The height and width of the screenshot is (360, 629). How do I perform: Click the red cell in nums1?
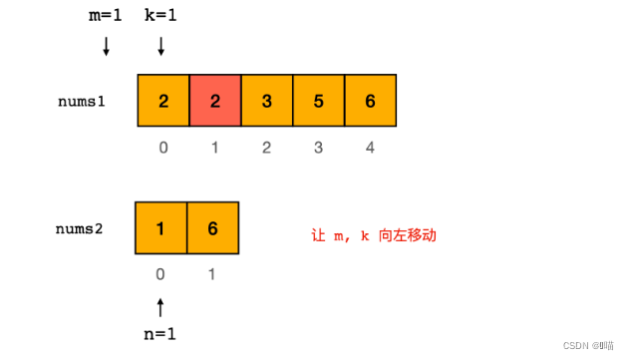pos(214,101)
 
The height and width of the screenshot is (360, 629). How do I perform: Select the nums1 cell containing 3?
pos(266,101)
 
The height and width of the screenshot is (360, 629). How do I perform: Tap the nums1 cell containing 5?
pos(318,101)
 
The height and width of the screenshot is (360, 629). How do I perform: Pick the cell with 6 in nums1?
pos(370,101)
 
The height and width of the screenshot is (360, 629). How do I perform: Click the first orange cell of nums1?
pos(162,101)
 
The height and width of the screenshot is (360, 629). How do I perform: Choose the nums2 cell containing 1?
pos(161,227)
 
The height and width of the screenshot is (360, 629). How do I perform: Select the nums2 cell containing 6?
pos(212,227)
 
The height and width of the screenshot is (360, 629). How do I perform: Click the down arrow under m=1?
pos(107,48)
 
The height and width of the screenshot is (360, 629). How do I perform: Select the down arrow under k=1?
pos(160,48)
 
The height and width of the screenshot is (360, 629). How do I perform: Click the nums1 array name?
pos(82,102)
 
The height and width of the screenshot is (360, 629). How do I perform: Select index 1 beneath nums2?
pos(212,271)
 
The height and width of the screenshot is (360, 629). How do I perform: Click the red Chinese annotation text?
pos(374,236)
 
